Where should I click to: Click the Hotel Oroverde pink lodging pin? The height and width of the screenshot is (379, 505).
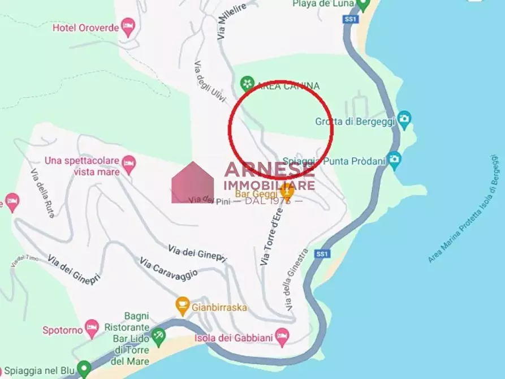coord(128,26)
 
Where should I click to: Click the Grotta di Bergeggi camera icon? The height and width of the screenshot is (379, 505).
coord(404,119)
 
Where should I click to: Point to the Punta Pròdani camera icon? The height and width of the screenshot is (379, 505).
coord(394,159)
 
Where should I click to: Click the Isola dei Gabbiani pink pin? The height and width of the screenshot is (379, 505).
coord(282,336)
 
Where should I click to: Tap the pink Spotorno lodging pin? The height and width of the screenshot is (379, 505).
coord(92,326)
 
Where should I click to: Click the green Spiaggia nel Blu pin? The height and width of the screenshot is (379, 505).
coord(84,369)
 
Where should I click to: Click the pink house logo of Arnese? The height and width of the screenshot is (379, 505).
coord(193,182)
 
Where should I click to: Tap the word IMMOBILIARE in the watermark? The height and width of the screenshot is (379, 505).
coord(270,185)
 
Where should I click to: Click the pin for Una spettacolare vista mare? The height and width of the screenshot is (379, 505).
coord(128,163)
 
